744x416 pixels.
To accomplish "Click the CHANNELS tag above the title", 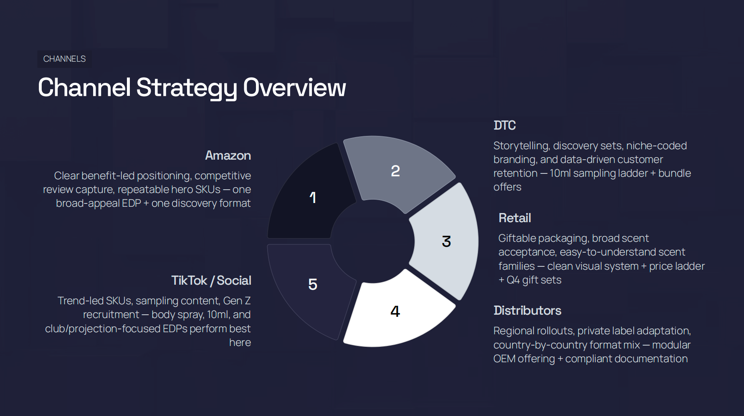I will coord(64,59).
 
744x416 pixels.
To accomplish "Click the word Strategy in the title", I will coord(187,88).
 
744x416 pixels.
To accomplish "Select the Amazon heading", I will coord(228,155).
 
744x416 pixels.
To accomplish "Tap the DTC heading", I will coord(504,125).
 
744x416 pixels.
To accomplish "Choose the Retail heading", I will coord(514,218).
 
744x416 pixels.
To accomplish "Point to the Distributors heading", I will coord(527,311).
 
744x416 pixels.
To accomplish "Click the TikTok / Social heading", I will coord(211,281).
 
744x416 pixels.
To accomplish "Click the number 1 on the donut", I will coord(313,198).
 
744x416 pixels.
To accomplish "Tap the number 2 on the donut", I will coord(395,171).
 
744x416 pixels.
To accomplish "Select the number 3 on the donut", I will coord(446,241).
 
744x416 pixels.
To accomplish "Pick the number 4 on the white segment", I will coord(395,311).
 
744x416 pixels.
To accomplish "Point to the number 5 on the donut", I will coord(313,284).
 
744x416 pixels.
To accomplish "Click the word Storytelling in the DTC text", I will coord(521,146).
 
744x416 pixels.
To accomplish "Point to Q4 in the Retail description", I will coord(513,280).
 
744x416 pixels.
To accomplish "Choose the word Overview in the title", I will coord(294,88).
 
